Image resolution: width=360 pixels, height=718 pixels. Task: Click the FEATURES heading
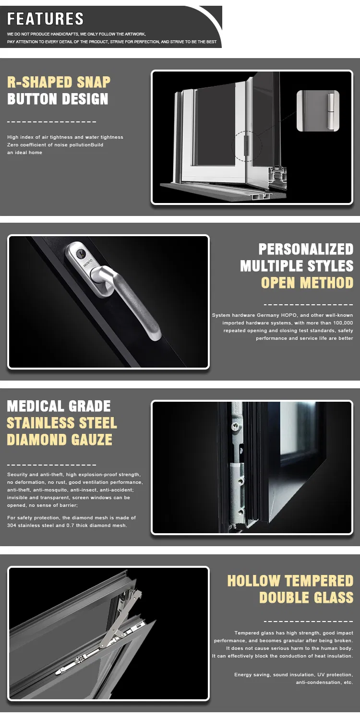pos(46,19)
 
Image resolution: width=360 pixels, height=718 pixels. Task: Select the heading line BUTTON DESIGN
pos(58,99)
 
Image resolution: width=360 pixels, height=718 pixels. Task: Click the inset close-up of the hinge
pos(318,110)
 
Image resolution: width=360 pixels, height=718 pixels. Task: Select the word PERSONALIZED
pos(306,249)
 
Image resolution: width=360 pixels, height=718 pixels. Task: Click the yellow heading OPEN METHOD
pos(307,283)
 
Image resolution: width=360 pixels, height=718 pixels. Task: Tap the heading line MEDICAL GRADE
pos(59,406)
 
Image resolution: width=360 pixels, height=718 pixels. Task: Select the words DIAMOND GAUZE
pos(60,440)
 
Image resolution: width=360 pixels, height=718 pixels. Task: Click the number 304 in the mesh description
pos(12,526)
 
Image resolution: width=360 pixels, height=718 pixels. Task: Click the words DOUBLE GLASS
pos(306,598)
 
